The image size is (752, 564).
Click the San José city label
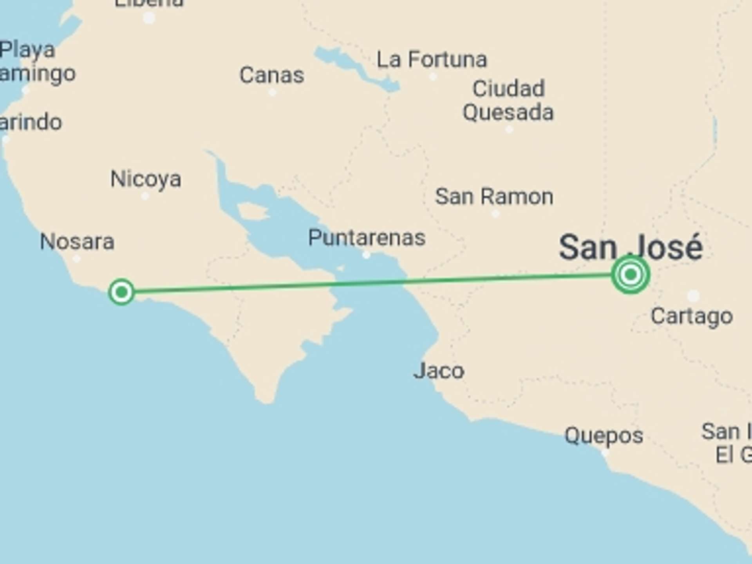click(631, 248)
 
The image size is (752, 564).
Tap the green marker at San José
click(630, 274)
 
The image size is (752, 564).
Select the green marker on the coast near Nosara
click(121, 292)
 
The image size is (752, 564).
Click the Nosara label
click(77, 241)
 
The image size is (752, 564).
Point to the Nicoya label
click(146, 179)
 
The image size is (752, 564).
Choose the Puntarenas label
click(367, 238)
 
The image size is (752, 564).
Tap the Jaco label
click(439, 371)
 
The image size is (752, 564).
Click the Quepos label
click(604, 436)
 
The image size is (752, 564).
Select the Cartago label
click(692, 316)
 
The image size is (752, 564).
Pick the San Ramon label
click(494, 196)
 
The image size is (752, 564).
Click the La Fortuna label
click(432, 60)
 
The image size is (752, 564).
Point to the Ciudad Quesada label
click(508, 101)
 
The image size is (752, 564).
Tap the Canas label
click(272, 75)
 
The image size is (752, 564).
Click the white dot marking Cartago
click(693, 295)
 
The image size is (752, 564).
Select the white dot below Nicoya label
click(145, 196)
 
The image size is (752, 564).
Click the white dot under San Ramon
click(495, 214)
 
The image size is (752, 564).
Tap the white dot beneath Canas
click(273, 92)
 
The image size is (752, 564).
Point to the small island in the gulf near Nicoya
click(253, 211)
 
